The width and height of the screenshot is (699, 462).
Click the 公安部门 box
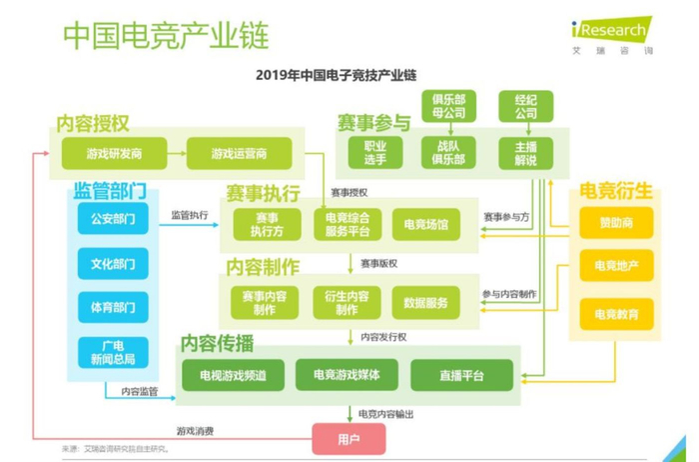click(112, 217)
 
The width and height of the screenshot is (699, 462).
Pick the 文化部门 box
click(112, 264)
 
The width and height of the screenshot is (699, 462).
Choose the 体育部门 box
click(112, 308)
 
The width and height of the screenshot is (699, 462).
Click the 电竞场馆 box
click(426, 225)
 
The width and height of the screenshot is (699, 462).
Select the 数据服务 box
click(426, 302)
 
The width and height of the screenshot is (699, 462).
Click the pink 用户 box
click(349, 437)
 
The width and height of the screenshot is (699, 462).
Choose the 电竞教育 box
click(616, 314)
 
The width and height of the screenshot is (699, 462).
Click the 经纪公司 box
click(525, 107)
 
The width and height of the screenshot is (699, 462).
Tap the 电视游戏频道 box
click(233, 375)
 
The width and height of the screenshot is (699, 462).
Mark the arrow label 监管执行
click(190, 214)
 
